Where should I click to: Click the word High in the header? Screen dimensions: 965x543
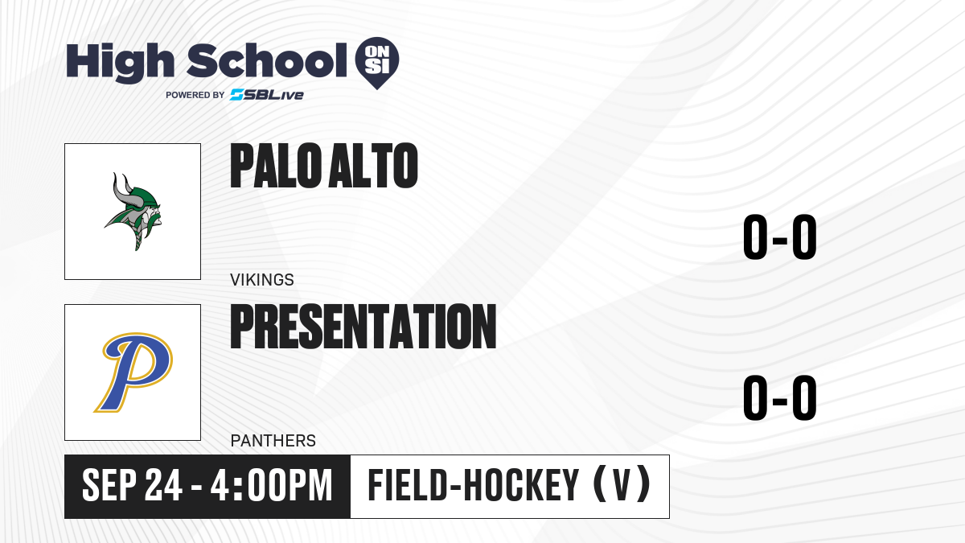click(120, 63)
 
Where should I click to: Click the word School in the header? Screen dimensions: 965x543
click(267, 60)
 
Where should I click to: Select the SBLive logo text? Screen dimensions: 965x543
click(267, 95)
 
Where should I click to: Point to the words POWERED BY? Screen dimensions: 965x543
click(195, 95)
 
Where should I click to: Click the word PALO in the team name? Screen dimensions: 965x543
click(276, 166)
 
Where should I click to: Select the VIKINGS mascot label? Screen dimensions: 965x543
click(262, 280)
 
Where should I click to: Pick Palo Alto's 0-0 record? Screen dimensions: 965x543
click(780, 237)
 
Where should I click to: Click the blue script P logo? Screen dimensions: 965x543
click(133, 372)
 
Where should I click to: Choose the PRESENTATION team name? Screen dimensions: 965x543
click(363, 326)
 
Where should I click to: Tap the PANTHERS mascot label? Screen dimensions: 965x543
click(273, 441)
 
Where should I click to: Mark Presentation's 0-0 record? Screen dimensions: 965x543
click(780, 397)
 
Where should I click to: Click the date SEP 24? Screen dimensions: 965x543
click(132, 486)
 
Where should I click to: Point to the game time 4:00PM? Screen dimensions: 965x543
click(272, 486)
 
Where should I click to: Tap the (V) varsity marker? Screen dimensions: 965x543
click(622, 485)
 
